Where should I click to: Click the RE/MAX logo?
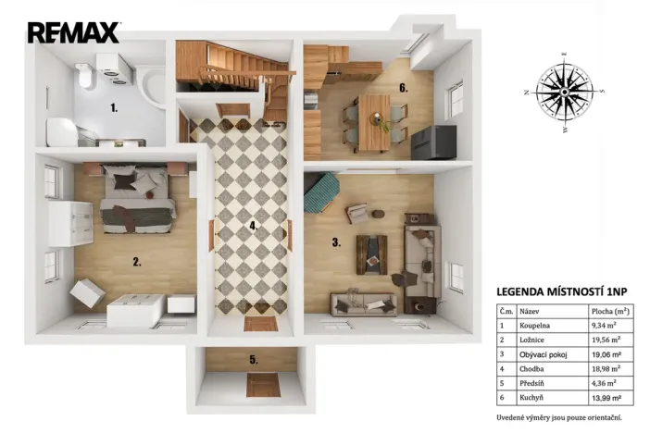click(x=73, y=32)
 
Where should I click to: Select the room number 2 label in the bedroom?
click(x=136, y=262)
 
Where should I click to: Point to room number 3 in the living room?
click(x=337, y=242)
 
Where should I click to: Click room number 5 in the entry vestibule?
click(x=253, y=360)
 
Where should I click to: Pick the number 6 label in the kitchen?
click(x=403, y=89)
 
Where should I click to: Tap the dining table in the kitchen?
click(x=375, y=120)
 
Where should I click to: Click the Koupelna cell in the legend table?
click(x=535, y=326)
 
